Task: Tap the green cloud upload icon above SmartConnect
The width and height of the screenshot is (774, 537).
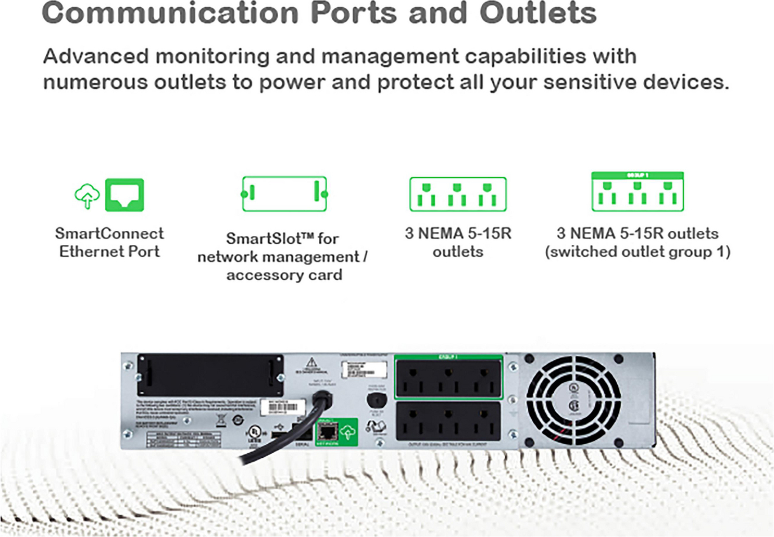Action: click(x=87, y=196)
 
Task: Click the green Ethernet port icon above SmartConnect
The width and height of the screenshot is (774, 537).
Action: click(x=124, y=195)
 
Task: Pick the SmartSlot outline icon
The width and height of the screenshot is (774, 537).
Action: click(x=284, y=194)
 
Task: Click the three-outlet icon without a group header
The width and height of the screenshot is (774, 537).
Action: click(x=458, y=194)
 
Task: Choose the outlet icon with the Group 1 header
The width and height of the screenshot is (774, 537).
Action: click(x=638, y=192)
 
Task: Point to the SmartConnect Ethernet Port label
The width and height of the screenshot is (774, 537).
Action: click(x=109, y=242)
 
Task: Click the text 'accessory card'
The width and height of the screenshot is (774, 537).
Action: click(x=284, y=275)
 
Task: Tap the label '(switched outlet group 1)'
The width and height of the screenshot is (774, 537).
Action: click(x=638, y=252)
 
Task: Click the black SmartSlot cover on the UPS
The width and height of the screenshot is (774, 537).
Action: click(x=210, y=375)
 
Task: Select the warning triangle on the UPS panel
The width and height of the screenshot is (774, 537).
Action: click(x=311, y=362)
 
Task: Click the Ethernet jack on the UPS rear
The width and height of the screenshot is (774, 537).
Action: click(x=328, y=431)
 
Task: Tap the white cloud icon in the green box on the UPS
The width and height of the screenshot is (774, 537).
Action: click(x=348, y=432)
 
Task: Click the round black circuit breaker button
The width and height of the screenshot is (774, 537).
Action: click(x=376, y=401)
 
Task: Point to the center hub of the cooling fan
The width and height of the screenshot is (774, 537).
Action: click(x=573, y=400)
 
